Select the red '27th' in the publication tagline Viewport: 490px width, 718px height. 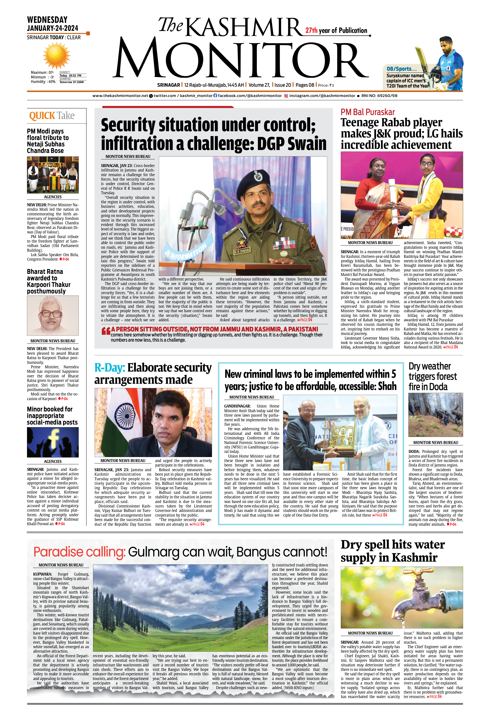[311, 30]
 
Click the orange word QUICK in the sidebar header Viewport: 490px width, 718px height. [42, 116]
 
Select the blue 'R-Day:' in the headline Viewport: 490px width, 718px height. [110, 368]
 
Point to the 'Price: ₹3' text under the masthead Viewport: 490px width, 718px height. [326, 85]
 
